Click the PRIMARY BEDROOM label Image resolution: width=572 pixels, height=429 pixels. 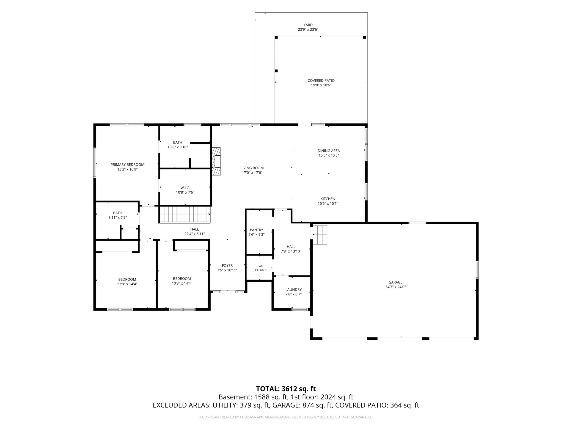[127, 165]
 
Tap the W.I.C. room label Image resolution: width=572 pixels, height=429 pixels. [185, 188]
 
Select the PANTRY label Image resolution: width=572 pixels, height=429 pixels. [256, 230]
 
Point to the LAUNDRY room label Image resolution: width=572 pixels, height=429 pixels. [294, 290]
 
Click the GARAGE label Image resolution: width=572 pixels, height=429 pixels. [395, 282]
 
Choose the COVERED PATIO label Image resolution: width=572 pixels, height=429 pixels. [321, 81]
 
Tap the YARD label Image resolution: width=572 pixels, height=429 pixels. [308, 25]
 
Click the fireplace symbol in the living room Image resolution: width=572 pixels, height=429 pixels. [216, 161]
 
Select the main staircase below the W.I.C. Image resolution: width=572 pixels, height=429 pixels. [185, 214]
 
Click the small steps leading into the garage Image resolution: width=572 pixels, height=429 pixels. [320, 234]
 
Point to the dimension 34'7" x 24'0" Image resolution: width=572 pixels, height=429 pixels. [395, 287]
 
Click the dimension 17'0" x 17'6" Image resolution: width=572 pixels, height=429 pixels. [252, 173]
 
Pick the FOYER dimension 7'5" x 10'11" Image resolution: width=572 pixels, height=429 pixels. [227, 270]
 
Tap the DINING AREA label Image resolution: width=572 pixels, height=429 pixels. [329, 151]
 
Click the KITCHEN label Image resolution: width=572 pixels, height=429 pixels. [328, 199]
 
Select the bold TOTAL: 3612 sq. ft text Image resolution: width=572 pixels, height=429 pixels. [286, 389]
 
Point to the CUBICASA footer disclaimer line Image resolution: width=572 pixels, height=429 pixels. [286, 417]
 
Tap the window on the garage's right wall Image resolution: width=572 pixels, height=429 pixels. [477, 270]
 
